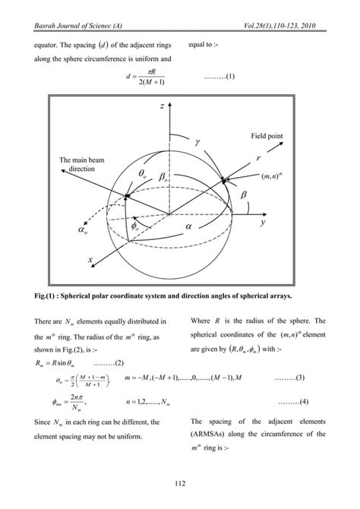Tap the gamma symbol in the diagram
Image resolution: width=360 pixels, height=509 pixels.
pyautogui.click(x=197, y=141)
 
